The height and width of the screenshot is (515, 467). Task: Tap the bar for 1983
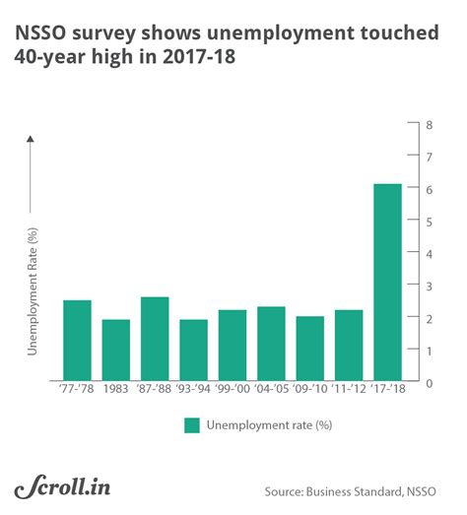[115, 351]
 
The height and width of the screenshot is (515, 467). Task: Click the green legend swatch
[192, 425]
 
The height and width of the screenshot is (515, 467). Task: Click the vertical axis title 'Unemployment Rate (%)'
[33, 301]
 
